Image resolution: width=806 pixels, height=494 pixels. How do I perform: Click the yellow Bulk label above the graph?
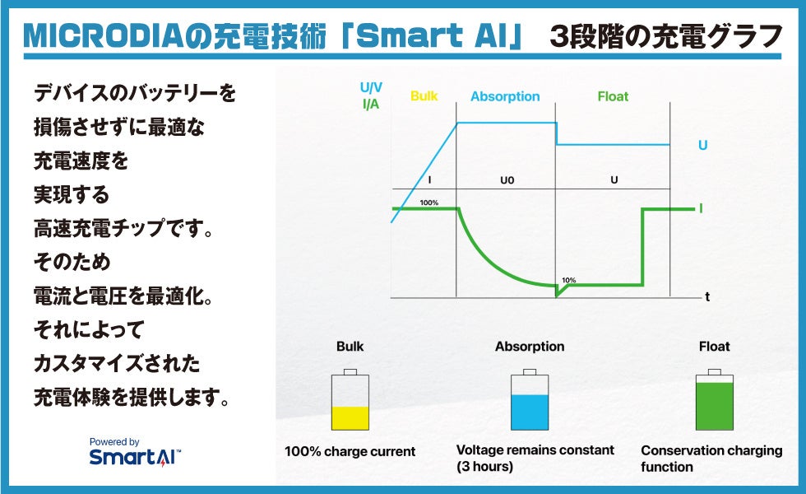424,96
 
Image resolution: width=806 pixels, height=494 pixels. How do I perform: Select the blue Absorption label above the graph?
505,97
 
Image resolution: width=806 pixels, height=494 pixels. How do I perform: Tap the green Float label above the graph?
613,96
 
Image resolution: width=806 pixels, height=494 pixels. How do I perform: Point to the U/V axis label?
371,87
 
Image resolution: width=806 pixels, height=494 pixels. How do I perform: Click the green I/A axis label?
371,104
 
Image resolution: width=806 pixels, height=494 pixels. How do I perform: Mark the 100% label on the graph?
428,203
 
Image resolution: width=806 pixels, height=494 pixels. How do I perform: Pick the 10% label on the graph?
568,281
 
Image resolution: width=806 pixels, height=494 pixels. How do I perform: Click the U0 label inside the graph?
507,180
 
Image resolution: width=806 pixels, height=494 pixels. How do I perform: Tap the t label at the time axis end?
707,297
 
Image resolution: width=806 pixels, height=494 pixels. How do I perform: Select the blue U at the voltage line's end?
702,145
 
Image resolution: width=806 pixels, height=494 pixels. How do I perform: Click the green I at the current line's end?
701,208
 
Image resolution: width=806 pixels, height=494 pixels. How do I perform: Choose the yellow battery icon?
350,400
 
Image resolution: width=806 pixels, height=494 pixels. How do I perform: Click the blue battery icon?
530,400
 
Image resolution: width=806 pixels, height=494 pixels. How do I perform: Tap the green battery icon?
715,400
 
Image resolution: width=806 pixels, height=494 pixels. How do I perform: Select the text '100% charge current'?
350,451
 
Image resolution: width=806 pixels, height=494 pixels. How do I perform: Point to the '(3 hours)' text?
484,467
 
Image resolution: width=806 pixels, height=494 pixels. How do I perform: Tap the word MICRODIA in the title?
104,36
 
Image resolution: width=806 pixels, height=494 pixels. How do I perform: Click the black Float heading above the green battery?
714,347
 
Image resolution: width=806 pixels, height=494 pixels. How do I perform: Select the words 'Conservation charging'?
711,451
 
